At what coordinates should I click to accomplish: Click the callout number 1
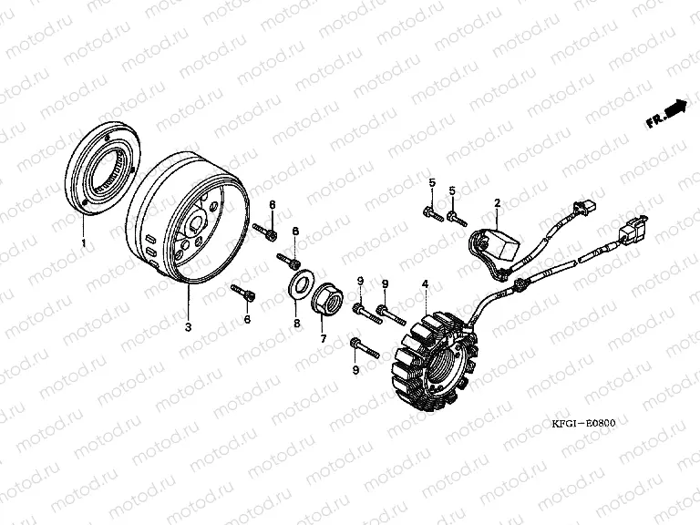(x=83, y=242)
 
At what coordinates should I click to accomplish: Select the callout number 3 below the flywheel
(x=188, y=327)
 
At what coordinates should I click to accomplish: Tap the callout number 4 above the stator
(x=426, y=284)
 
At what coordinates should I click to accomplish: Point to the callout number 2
(x=498, y=203)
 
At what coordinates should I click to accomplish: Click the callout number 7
(x=324, y=338)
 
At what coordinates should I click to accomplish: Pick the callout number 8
(x=297, y=324)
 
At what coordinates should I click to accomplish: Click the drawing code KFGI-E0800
(x=583, y=423)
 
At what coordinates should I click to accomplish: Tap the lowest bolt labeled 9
(x=365, y=348)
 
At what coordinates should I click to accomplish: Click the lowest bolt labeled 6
(x=243, y=292)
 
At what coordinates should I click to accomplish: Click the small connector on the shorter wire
(x=585, y=208)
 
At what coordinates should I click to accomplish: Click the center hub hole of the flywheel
(x=196, y=221)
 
